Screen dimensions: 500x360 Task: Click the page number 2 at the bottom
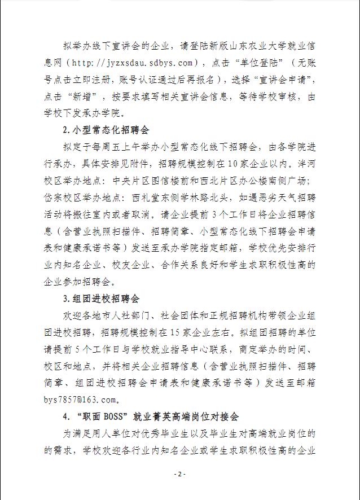tap(180, 474)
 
